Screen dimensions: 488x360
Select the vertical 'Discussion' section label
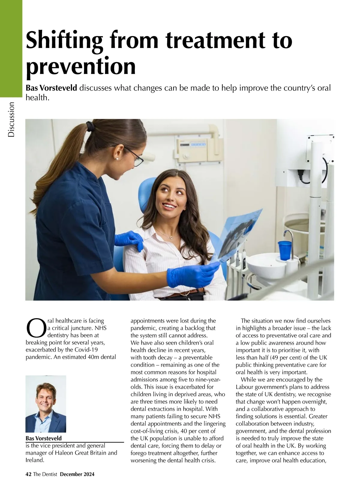tap(11, 120)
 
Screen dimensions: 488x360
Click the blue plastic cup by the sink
tap(285, 250)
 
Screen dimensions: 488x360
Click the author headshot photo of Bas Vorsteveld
tap(46, 403)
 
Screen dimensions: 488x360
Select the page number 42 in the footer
tap(28, 474)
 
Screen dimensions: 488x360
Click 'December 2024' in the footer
tap(77, 474)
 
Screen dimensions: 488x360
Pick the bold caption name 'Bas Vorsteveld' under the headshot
tap(43, 438)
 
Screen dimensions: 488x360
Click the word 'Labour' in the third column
tap(244, 387)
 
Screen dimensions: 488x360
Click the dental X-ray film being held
tap(237, 234)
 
